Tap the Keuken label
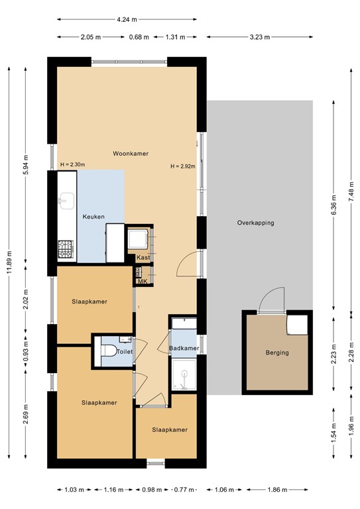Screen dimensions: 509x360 93,217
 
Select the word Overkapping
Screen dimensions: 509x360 255,223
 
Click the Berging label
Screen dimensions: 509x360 276,353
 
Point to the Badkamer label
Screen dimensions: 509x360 183,348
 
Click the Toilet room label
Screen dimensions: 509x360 125,352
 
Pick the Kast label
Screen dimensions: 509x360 143,258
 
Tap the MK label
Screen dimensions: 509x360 142,282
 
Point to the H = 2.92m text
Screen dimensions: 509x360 183,166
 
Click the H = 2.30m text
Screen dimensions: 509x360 72,164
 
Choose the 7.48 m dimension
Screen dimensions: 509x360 351,192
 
